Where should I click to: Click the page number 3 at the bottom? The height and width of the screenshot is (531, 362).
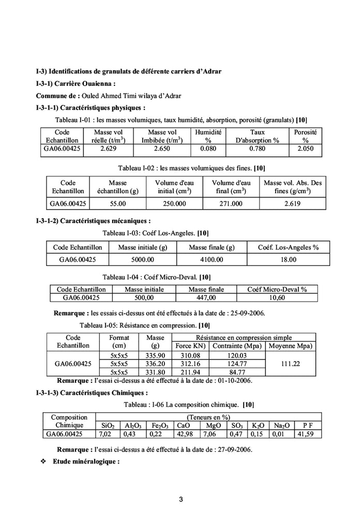pyautogui.click(x=181, y=499)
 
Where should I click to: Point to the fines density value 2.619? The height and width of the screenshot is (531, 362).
pyautogui.click(x=293, y=204)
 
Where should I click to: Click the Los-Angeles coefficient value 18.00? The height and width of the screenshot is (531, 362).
pyautogui.click(x=288, y=259)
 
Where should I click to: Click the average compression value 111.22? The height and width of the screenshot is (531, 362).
pyautogui.click(x=292, y=363)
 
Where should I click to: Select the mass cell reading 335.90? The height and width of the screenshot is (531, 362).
pyautogui.click(x=155, y=355)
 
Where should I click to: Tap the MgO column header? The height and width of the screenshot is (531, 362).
pyautogui.click(x=213, y=426)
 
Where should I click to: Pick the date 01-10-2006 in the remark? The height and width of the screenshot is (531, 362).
pyautogui.click(x=234, y=381)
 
